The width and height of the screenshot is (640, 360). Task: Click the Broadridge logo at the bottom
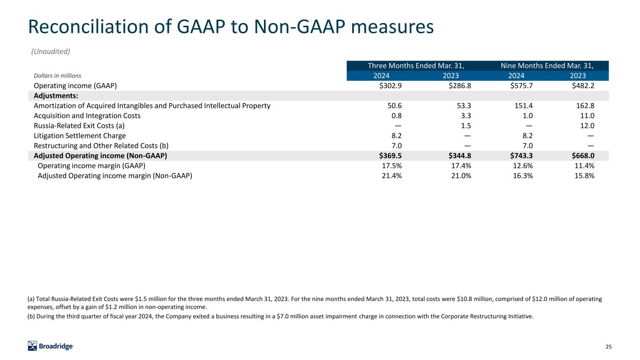tap(51, 346)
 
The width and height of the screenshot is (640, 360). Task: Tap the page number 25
tap(609, 346)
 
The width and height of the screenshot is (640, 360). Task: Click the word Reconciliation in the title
tap(88, 27)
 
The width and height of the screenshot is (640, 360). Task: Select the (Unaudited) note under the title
tap(51, 52)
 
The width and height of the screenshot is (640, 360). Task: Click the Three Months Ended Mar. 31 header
tap(416, 66)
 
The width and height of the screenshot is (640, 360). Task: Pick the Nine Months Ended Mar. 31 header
tap(547, 66)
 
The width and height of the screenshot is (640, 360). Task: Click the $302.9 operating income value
tap(390, 86)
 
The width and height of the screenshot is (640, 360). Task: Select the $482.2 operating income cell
tap(583, 86)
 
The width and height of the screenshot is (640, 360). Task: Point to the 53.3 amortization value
tap(464, 106)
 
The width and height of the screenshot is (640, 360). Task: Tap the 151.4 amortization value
tap(523, 106)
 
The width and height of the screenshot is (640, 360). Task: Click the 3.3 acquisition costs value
tap(466, 116)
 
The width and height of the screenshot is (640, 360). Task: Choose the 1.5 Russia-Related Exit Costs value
tap(466, 126)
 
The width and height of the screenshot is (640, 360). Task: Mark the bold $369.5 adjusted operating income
tap(390, 156)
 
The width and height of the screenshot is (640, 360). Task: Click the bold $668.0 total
tap(583, 156)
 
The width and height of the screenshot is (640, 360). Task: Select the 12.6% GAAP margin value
tap(523, 166)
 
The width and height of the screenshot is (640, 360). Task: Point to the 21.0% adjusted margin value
tap(461, 176)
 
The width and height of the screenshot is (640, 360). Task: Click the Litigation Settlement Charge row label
tap(80, 136)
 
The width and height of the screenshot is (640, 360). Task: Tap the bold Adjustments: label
tap(56, 96)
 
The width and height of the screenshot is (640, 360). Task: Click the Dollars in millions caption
tap(57, 76)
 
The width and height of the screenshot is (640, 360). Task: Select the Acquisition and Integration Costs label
tap(87, 116)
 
